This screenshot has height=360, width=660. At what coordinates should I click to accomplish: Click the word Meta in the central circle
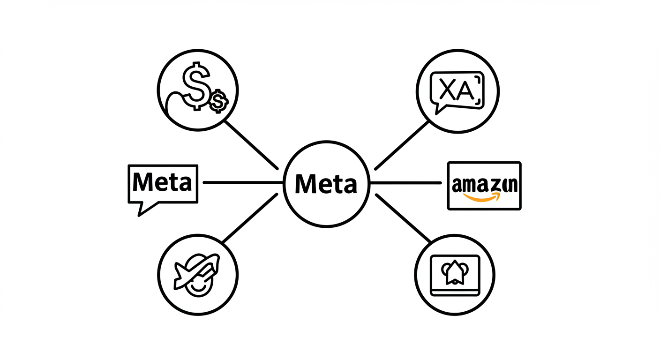326,183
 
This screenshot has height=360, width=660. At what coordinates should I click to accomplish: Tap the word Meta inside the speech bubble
162,182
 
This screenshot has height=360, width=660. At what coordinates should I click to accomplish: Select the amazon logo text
484,184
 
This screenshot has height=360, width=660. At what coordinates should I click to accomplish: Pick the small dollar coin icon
217,101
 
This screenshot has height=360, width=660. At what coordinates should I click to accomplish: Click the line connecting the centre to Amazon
406,183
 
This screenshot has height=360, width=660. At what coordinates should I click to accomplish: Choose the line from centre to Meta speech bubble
243,182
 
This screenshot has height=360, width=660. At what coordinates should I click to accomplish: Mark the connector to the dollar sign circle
252,145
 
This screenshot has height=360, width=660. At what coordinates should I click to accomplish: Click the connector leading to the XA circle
402,145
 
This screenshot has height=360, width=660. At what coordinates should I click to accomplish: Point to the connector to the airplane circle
250,218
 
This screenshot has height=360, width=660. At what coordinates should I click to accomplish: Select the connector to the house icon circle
403,218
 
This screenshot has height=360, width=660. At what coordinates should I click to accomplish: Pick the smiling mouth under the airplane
198,287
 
